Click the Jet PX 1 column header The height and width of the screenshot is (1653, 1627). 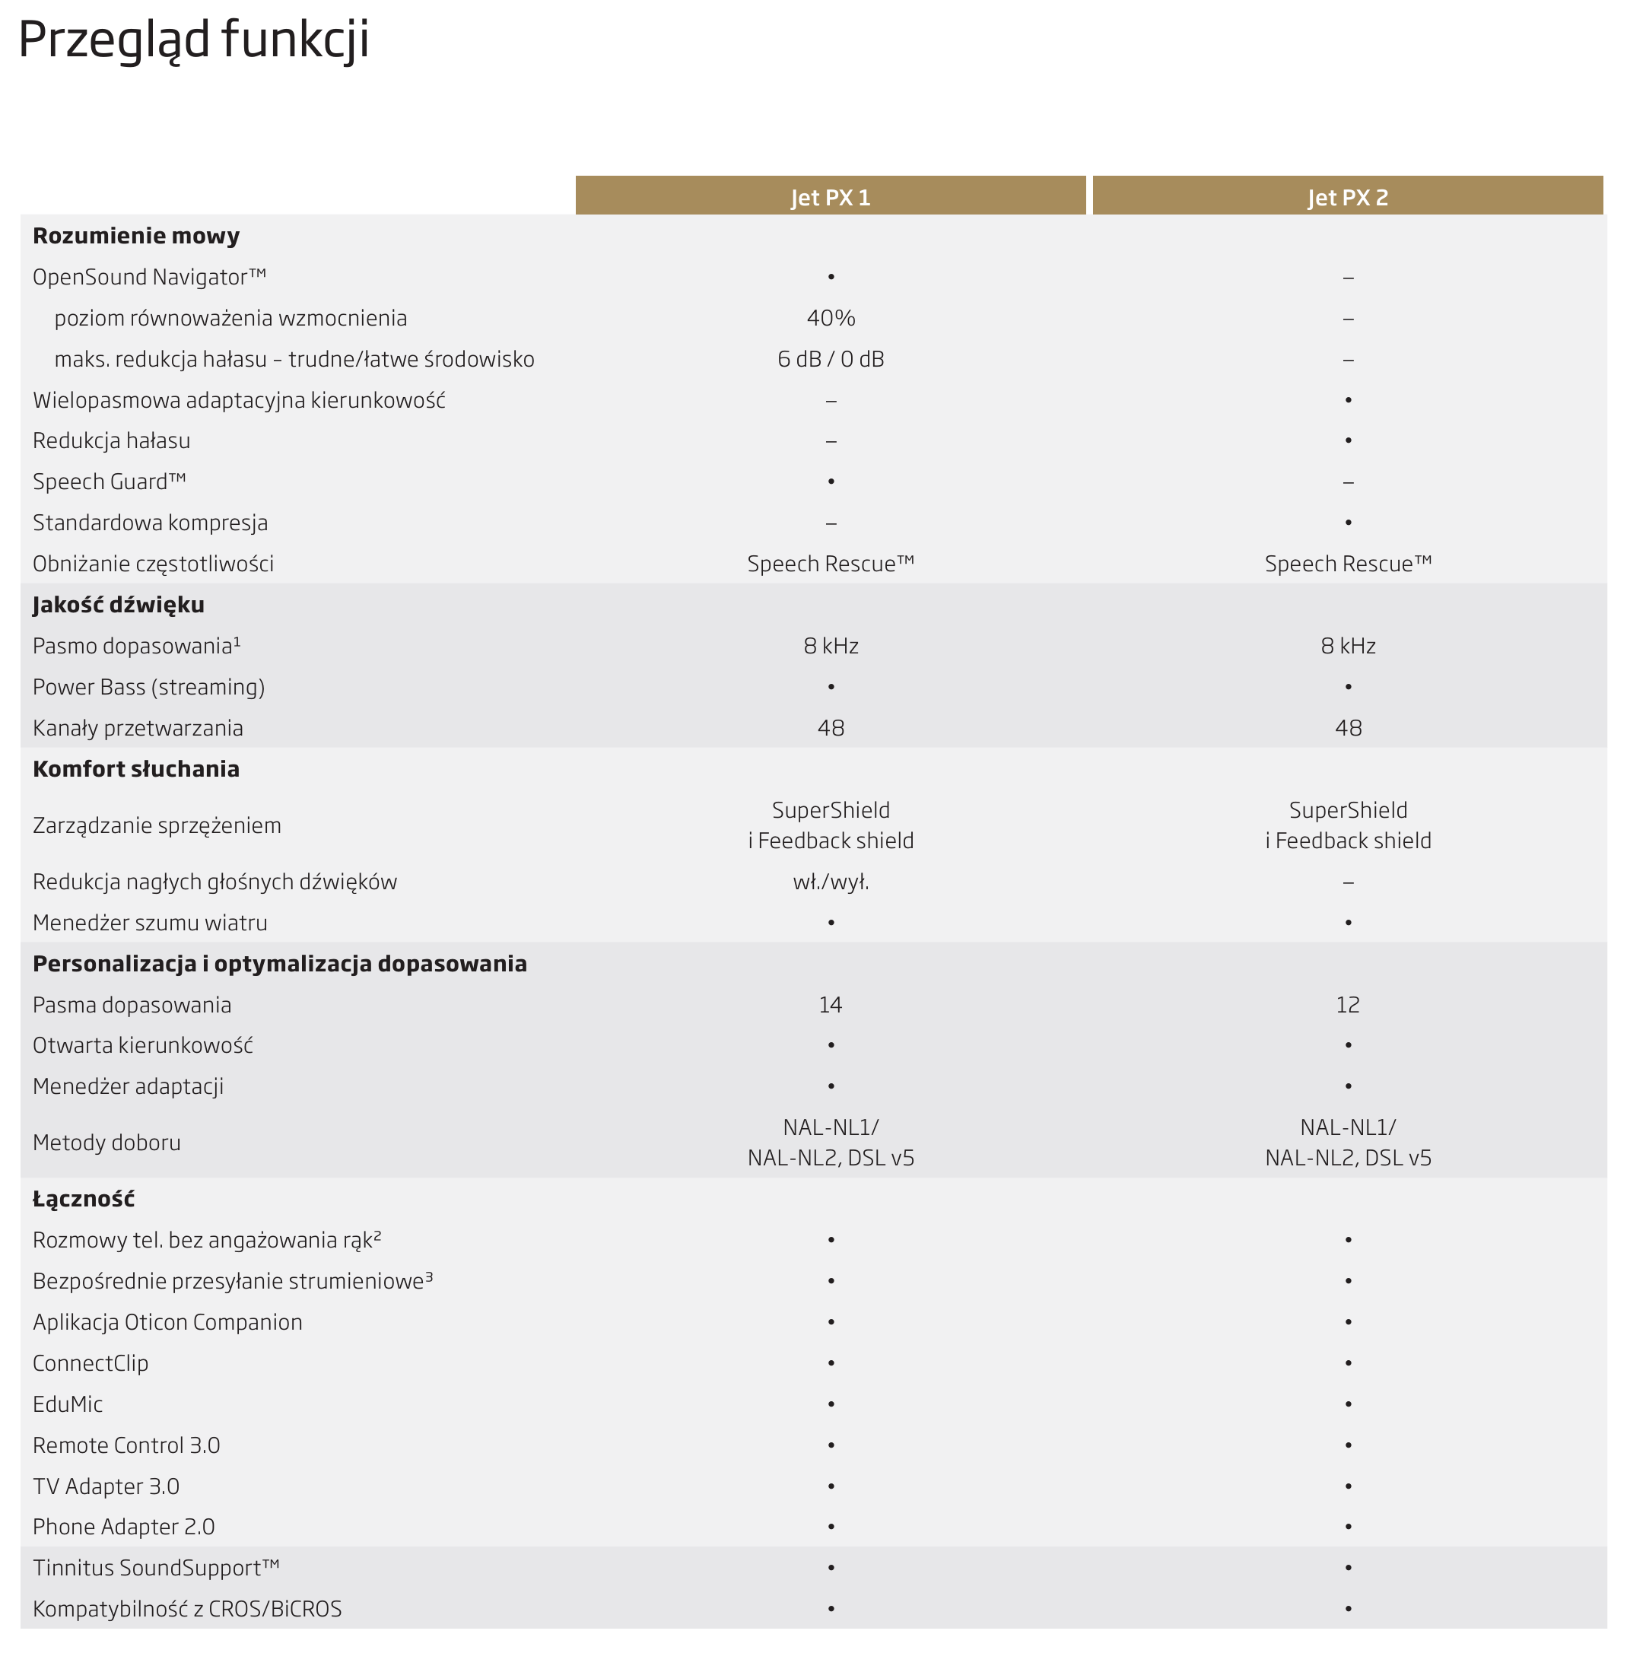pyautogui.click(x=830, y=198)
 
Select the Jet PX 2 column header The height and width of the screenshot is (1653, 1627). pyautogui.click(x=1347, y=198)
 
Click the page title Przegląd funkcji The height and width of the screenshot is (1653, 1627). pyautogui.click(x=194, y=40)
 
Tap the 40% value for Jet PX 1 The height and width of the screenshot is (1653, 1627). pyautogui.click(x=831, y=318)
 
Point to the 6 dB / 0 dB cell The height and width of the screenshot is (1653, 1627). pyautogui.click(x=831, y=359)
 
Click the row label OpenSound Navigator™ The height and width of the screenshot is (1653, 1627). pyautogui.click(x=150, y=277)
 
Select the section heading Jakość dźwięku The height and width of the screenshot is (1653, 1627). pyautogui.click(x=119, y=604)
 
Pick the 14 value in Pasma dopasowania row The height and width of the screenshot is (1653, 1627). pyautogui.click(x=831, y=1004)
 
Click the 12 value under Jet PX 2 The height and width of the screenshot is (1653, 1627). pyautogui.click(x=1348, y=1004)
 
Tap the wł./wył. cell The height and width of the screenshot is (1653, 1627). pyautogui.click(x=831, y=881)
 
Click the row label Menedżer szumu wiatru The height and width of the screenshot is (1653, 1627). pyautogui.click(x=151, y=922)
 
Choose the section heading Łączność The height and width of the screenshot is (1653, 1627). pyautogui.click(x=84, y=1198)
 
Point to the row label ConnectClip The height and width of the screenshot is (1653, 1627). pyautogui.click(x=91, y=1362)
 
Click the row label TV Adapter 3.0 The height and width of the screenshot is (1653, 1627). pyautogui.click(x=106, y=1486)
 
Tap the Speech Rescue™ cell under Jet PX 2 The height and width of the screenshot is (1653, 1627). pyautogui.click(x=1348, y=563)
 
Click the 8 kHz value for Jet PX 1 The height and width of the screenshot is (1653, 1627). pyautogui.click(x=831, y=645)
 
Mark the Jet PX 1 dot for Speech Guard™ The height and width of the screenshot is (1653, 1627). pyautogui.click(x=831, y=482)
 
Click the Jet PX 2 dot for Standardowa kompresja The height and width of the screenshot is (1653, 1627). pyautogui.click(x=1348, y=523)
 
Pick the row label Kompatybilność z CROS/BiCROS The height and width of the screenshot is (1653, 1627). pyautogui.click(x=187, y=1609)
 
